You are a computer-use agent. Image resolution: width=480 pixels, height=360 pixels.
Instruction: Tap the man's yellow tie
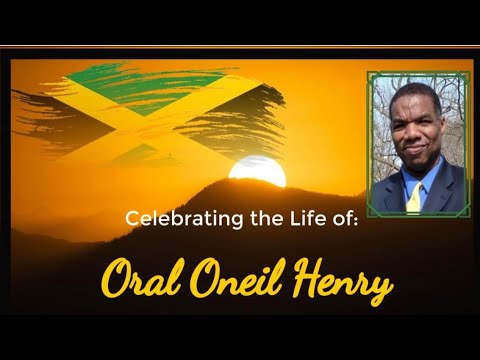coord(413,197)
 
